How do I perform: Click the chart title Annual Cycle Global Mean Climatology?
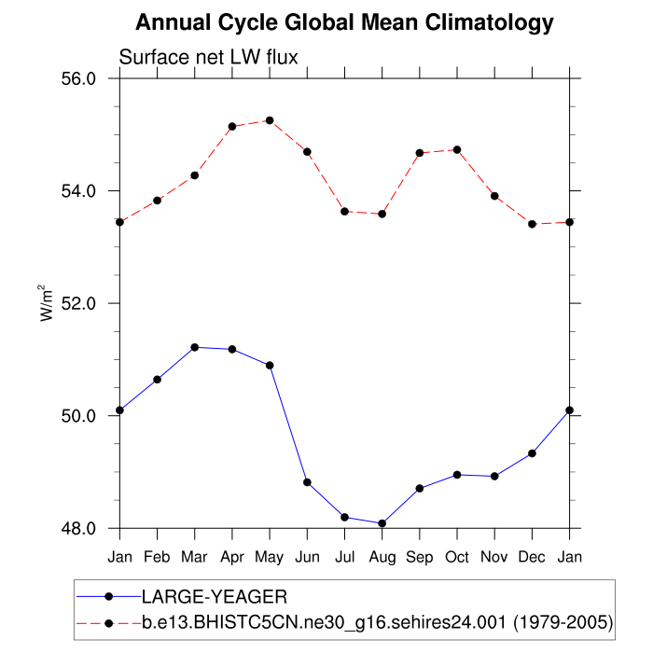pyautogui.click(x=344, y=22)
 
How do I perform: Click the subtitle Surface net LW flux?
pyautogui.click(x=208, y=58)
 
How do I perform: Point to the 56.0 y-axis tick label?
pyautogui.click(x=78, y=78)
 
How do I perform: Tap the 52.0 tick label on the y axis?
pyautogui.click(x=78, y=304)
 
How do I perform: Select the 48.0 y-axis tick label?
pyautogui.click(x=78, y=529)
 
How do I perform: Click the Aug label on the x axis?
pyautogui.click(x=382, y=557)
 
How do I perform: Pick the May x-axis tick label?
pyautogui.click(x=270, y=557)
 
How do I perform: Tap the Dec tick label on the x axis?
pyautogui.click(x=533, y=557)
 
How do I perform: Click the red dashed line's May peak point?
pyautogui.click(x=270, y=120)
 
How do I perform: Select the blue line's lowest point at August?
pyautogui.click(x=382, y=523)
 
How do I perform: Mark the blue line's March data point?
pyautogui.click(x=194, y=347)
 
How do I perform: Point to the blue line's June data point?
pyautogui.click(x=307, y=482)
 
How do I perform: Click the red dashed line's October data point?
pyautogui.click(x=457, y=149)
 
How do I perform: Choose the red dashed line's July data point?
pyautogui.click(x=345, y=212)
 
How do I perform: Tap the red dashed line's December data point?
pyautogui.click(x=533, y=224)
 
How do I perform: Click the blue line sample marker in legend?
pyautogui.click(x=109, y=595)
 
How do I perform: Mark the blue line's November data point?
pyautogui.click(x=494, y=476)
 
